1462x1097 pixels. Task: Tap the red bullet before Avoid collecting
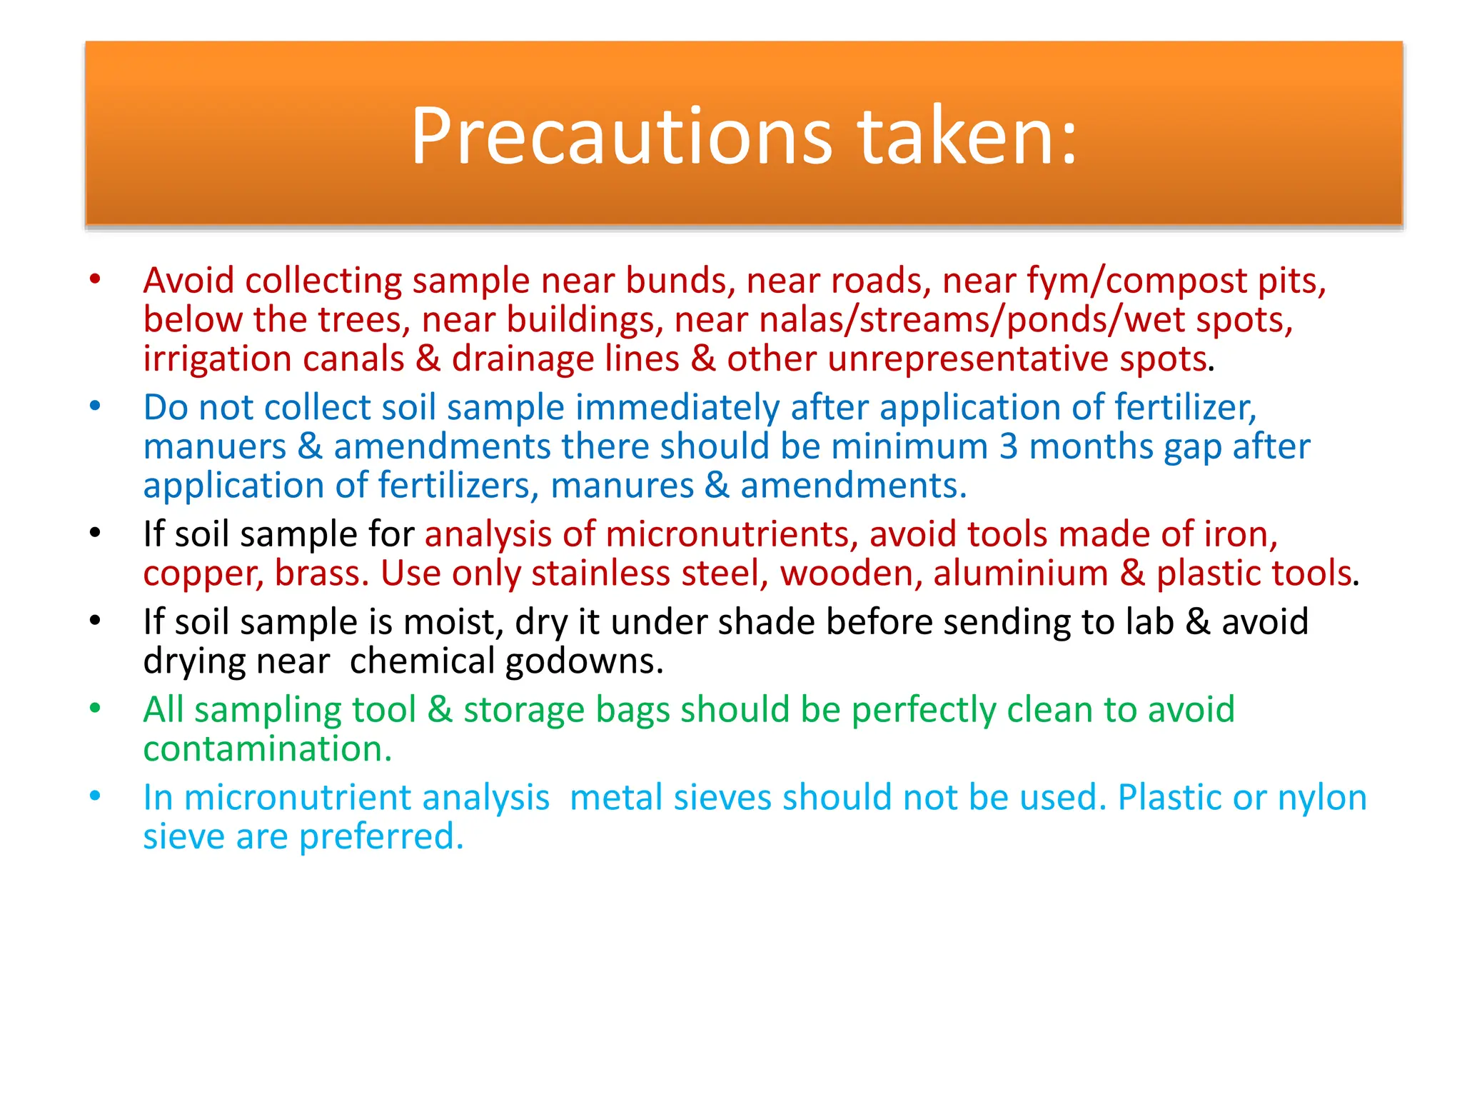pos(95,279)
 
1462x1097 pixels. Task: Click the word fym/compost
pos(1136,281)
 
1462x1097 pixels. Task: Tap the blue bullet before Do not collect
pos(95,406)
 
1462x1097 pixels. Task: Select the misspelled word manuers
pos(214,447)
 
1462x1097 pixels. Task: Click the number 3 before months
pos(1008,446)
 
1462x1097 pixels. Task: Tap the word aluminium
pos(1020,573)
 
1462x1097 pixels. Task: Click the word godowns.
pos(584,662)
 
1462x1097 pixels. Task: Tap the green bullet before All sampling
pos(95,708)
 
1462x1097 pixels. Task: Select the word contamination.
pos(267,749)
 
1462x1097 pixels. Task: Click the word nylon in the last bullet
pos(1322,798)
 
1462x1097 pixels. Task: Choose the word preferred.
pos(381,837)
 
